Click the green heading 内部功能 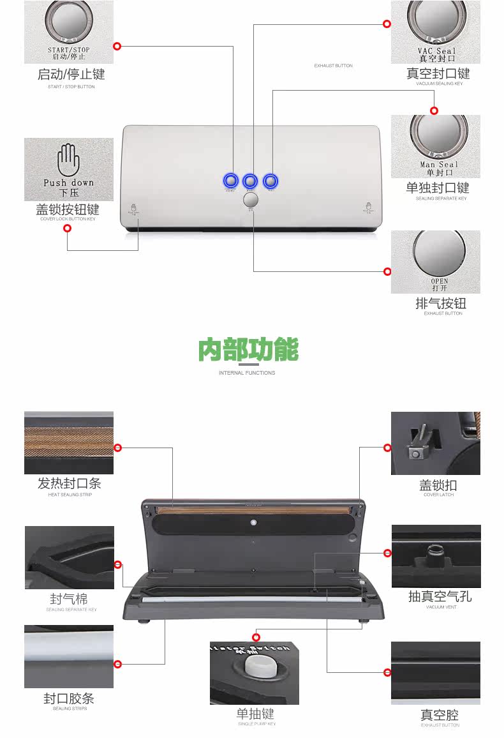[x=248, y=350]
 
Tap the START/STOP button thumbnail [x=69, y=32]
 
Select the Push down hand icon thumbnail [x=69, y=169]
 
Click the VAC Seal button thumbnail [x=436, y=31]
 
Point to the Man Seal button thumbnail [x=436, y=146]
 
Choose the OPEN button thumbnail [x=436, y=262]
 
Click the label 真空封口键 [x=438, y=73]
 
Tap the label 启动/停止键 [x=71, y=74]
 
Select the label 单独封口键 [x=438, y=188]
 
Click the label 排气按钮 [x=441, y=303]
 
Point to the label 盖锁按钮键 [x=68, y=209]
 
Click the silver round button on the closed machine [x=251, y=200]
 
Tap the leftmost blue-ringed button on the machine [x=230, y=181]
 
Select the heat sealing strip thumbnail [x=69, y=442]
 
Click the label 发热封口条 [x=70, y=483]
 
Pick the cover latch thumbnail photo [x=436, y=443]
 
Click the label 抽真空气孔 [x=440, y=596]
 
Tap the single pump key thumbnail [x=255, y=673]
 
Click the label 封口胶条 [x=69, y=698]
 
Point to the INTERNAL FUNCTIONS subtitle [x=247, y=373]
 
